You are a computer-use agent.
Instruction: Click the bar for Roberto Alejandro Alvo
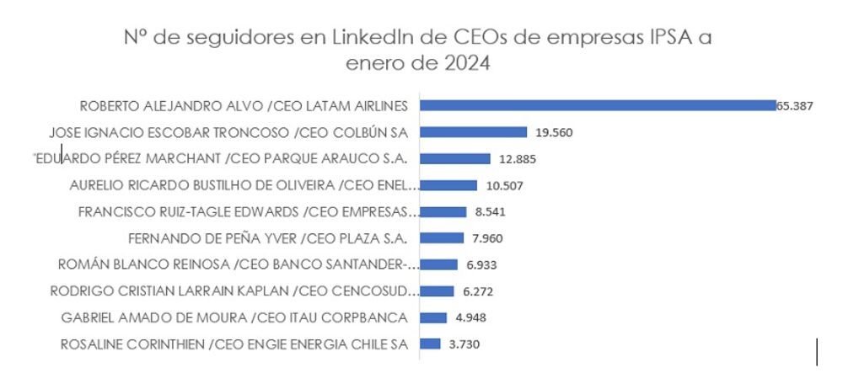coord(598,105)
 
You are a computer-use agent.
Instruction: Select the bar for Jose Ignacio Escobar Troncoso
coord(473,132)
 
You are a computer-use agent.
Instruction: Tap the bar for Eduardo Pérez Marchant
coord(455,158)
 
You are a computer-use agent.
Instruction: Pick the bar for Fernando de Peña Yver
coord(442,237)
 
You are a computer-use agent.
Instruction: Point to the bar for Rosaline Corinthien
coord(430,344)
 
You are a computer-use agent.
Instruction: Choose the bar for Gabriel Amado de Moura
coord(433,317)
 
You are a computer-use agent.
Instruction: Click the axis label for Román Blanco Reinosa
coord(237,264)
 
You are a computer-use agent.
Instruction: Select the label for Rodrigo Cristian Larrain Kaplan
coord(234,291)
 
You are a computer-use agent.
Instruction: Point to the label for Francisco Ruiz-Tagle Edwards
coord(247,211)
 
